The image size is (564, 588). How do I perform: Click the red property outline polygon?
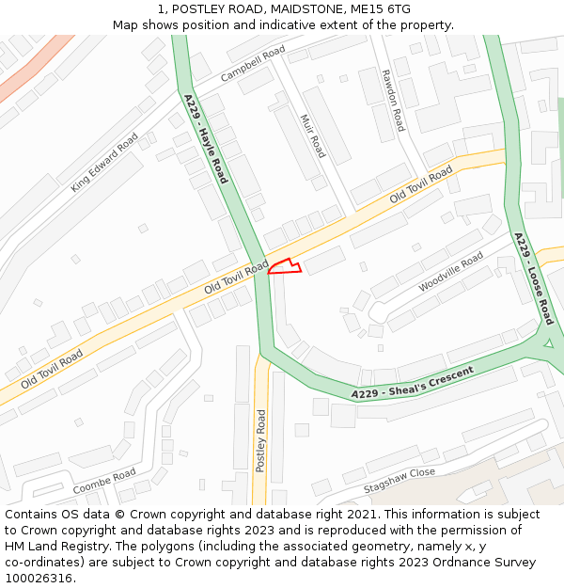[285, 267]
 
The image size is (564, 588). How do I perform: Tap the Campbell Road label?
[253, 63]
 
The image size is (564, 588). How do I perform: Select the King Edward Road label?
[104, 163]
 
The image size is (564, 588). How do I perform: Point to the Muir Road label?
[312, 135]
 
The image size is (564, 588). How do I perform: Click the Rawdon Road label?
[393, 100]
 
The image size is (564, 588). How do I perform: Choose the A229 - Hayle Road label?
[206, 138]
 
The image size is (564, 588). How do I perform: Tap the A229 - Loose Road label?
[534, 278]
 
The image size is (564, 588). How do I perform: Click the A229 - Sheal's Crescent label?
[412, 381]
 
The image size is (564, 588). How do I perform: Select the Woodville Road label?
[451, 271]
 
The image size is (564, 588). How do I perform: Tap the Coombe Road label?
[104, 482]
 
